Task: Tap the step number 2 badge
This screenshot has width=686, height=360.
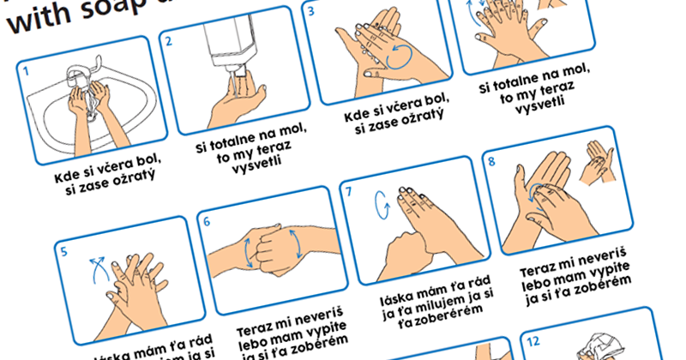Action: coord(169,41)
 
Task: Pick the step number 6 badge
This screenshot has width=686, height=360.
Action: coord(206,221)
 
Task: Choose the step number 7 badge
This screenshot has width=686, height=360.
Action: coord(348,192)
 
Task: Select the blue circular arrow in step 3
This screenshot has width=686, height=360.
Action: coord(400,58)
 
